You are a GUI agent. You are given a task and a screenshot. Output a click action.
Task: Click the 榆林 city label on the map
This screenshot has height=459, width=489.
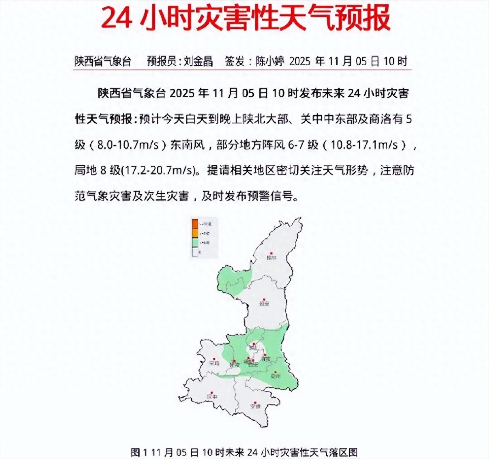click(271, 258)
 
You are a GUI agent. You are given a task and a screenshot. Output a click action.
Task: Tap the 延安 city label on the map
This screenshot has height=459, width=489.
click(264, 304)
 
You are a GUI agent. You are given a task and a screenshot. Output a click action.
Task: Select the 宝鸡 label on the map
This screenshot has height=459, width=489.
click(215, 363)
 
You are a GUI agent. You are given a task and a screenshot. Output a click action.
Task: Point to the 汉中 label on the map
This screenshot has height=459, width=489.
click(212, 397)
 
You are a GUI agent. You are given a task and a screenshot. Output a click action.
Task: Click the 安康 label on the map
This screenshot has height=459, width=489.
click(255, 407)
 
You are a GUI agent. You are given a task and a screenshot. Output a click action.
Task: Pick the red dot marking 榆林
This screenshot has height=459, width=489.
click(272, 253)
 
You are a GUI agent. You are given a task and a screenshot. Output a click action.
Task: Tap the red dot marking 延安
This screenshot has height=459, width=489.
click(264, 299)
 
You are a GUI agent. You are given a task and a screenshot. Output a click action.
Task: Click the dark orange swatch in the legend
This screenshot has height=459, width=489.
click(195, 224)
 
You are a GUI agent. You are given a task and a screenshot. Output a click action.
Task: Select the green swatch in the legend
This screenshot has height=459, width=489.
click(195, 243)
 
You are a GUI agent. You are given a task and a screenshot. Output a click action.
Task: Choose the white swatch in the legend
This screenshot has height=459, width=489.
click(195, 252)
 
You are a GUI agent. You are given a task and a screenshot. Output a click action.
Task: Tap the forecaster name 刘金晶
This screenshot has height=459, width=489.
click(198, 61)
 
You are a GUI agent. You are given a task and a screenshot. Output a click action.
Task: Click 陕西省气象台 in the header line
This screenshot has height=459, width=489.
click(103, 61)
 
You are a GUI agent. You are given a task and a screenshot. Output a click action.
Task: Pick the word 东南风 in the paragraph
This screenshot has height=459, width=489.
click(187, 145)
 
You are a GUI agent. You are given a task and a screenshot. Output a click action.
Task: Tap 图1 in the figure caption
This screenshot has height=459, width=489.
click(140, 452)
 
